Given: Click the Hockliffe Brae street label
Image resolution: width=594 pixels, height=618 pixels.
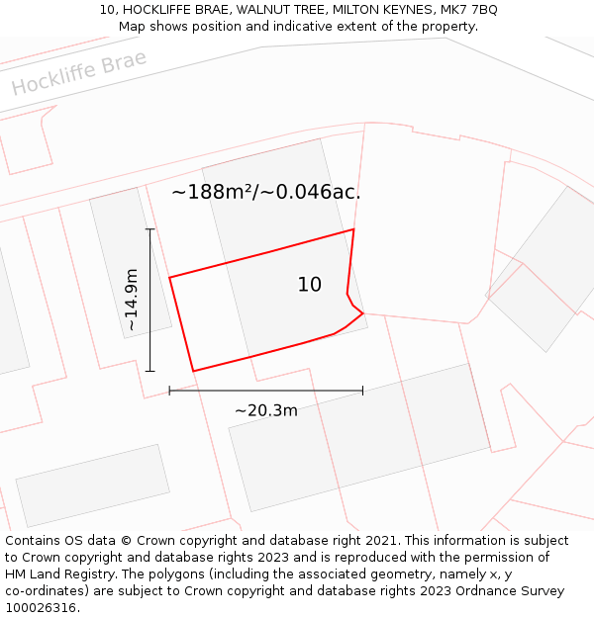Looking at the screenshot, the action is point(79,72).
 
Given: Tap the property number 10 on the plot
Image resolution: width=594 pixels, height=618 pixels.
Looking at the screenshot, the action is point(310,285).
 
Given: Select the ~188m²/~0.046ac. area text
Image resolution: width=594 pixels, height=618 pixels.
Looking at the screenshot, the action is point(265,192).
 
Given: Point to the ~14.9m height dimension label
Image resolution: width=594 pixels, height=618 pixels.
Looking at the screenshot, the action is point(132,300).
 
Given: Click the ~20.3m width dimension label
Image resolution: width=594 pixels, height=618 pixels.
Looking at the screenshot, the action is point(265,410).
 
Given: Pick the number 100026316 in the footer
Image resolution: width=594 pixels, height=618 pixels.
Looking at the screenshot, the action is point(41,608).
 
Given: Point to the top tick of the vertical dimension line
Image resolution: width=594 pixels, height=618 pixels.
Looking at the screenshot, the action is point(150,229).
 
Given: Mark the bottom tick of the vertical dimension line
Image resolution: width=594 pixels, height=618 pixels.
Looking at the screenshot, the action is point(150,371).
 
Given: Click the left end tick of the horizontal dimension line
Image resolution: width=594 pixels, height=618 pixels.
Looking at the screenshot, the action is point(169,391).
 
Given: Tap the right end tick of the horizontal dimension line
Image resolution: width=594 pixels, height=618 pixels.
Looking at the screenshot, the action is point(362,391).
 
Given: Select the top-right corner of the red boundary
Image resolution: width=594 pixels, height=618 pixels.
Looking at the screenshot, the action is point(353,229).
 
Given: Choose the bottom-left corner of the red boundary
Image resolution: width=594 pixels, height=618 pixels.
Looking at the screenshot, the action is point(193,371).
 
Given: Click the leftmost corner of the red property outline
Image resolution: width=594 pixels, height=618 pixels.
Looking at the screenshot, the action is point(169,278).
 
